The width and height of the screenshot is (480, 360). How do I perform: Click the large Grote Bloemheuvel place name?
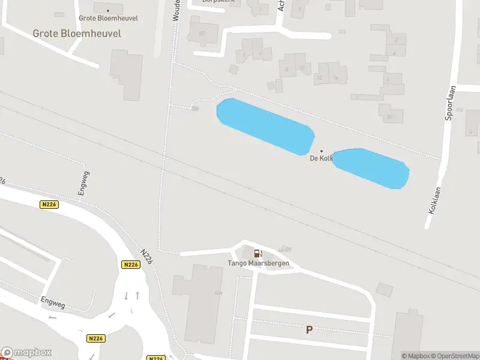(x=77, y=34)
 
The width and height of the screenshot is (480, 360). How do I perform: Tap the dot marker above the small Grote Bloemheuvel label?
(x=108, y=10)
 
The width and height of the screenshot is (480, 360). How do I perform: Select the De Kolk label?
(x=321, y=158)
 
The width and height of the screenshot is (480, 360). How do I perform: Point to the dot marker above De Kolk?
(x=321, y=151)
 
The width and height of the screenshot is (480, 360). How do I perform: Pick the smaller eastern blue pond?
(x=373, y=167)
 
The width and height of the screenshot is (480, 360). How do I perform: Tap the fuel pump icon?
(x=258, y=254)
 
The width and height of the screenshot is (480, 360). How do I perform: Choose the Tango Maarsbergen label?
(x=258, y=263)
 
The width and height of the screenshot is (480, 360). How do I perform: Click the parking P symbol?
(x=310, y=329)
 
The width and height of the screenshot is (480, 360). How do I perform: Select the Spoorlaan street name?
(x=450, y=103)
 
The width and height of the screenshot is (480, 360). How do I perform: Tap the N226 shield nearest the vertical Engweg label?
(x=49, y=205)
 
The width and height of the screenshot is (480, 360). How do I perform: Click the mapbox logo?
(x=26, y=353)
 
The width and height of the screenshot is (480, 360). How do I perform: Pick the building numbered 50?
(x=202, y=32)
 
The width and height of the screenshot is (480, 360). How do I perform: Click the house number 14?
(x=336, y=78)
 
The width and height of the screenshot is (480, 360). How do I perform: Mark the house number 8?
(x=287, y=69)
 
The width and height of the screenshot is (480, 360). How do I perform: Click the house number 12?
(x=319, y=78)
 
